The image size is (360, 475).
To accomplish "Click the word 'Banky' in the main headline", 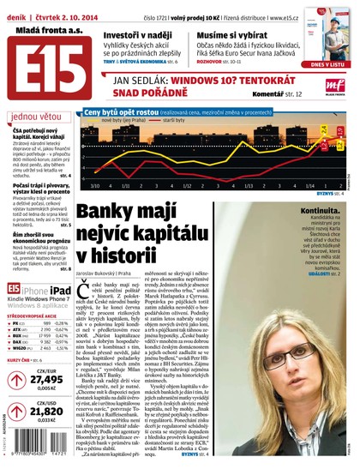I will pos(103,215).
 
